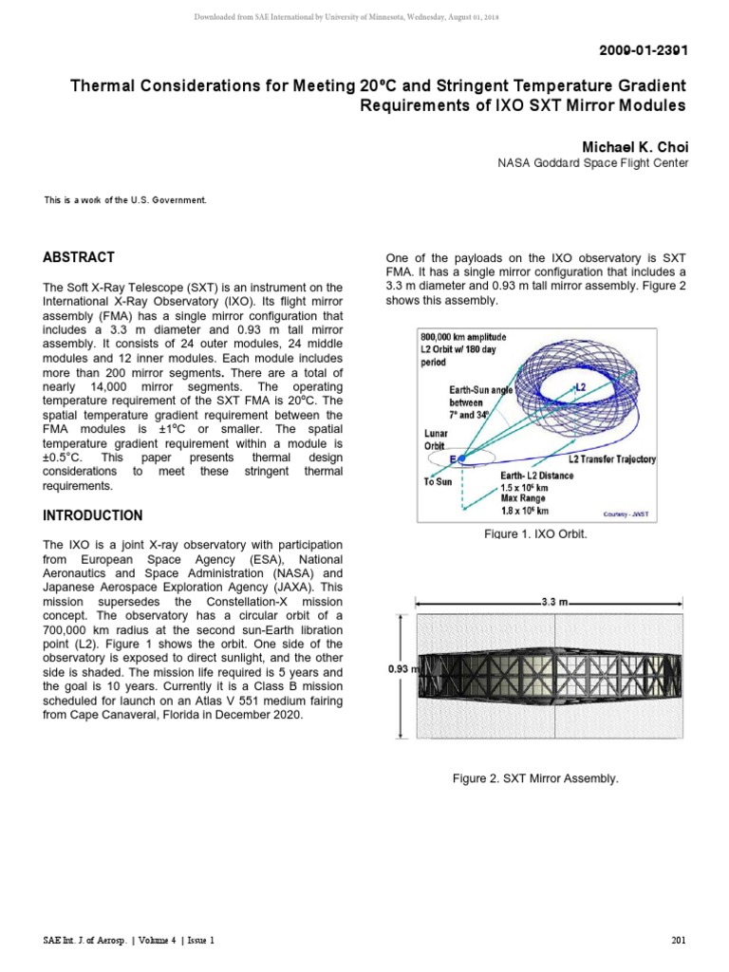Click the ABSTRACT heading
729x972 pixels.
point(79,257)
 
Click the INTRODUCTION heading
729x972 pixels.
point(93,515)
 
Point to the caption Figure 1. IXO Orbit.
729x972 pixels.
point(535,534)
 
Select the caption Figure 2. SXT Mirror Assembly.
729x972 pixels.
point(535,778)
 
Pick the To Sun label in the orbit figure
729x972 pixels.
point(439,481)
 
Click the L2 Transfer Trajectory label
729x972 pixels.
point(606,459)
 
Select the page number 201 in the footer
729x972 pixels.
point(678,940)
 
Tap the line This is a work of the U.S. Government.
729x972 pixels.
point(124,199)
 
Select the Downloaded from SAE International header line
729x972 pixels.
point(364,16)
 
